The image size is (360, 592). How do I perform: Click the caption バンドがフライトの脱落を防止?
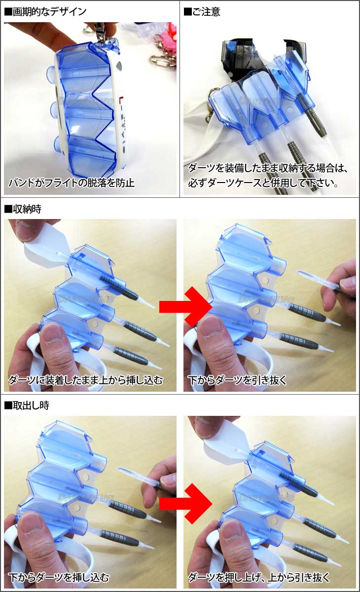click(72, 183)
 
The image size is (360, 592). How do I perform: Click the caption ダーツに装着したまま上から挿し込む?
click(86, 380)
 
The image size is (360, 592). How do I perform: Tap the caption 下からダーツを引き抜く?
click(237, 380)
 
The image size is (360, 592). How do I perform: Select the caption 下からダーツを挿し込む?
click(59, 577)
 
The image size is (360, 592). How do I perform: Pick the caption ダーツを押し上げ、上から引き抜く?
click(259, 577)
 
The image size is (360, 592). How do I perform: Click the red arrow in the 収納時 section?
click(186, 307)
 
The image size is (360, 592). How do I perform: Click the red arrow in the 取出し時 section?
click(186, 504)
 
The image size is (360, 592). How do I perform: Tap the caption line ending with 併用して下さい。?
click(263, 183)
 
